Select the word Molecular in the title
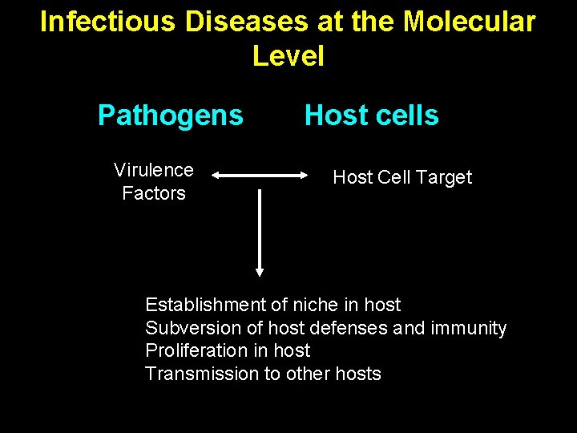pyautogui.click(x=470, y=22)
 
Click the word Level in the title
pyautogui.click(x=288, y=56)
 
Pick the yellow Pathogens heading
pyautogui.click(x=170, y=115)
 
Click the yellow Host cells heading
pyautogui.click(x=372, y=115)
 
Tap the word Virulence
pyautogui.click(x=154, y=170)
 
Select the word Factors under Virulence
pyautogui.click(x=154, y=193)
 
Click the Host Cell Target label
pyautogui.click(x=402, y=177)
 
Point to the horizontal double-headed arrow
pyautogui.click(x=260, y=174)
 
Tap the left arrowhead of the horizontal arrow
pyautogui.click(x=217, y=174)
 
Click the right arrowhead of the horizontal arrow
pyautogui.click(x=305, y=174)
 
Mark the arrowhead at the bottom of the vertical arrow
pyautogui.click(x=260, y=271)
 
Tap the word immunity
pyautogui.click(x=469, y=328)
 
